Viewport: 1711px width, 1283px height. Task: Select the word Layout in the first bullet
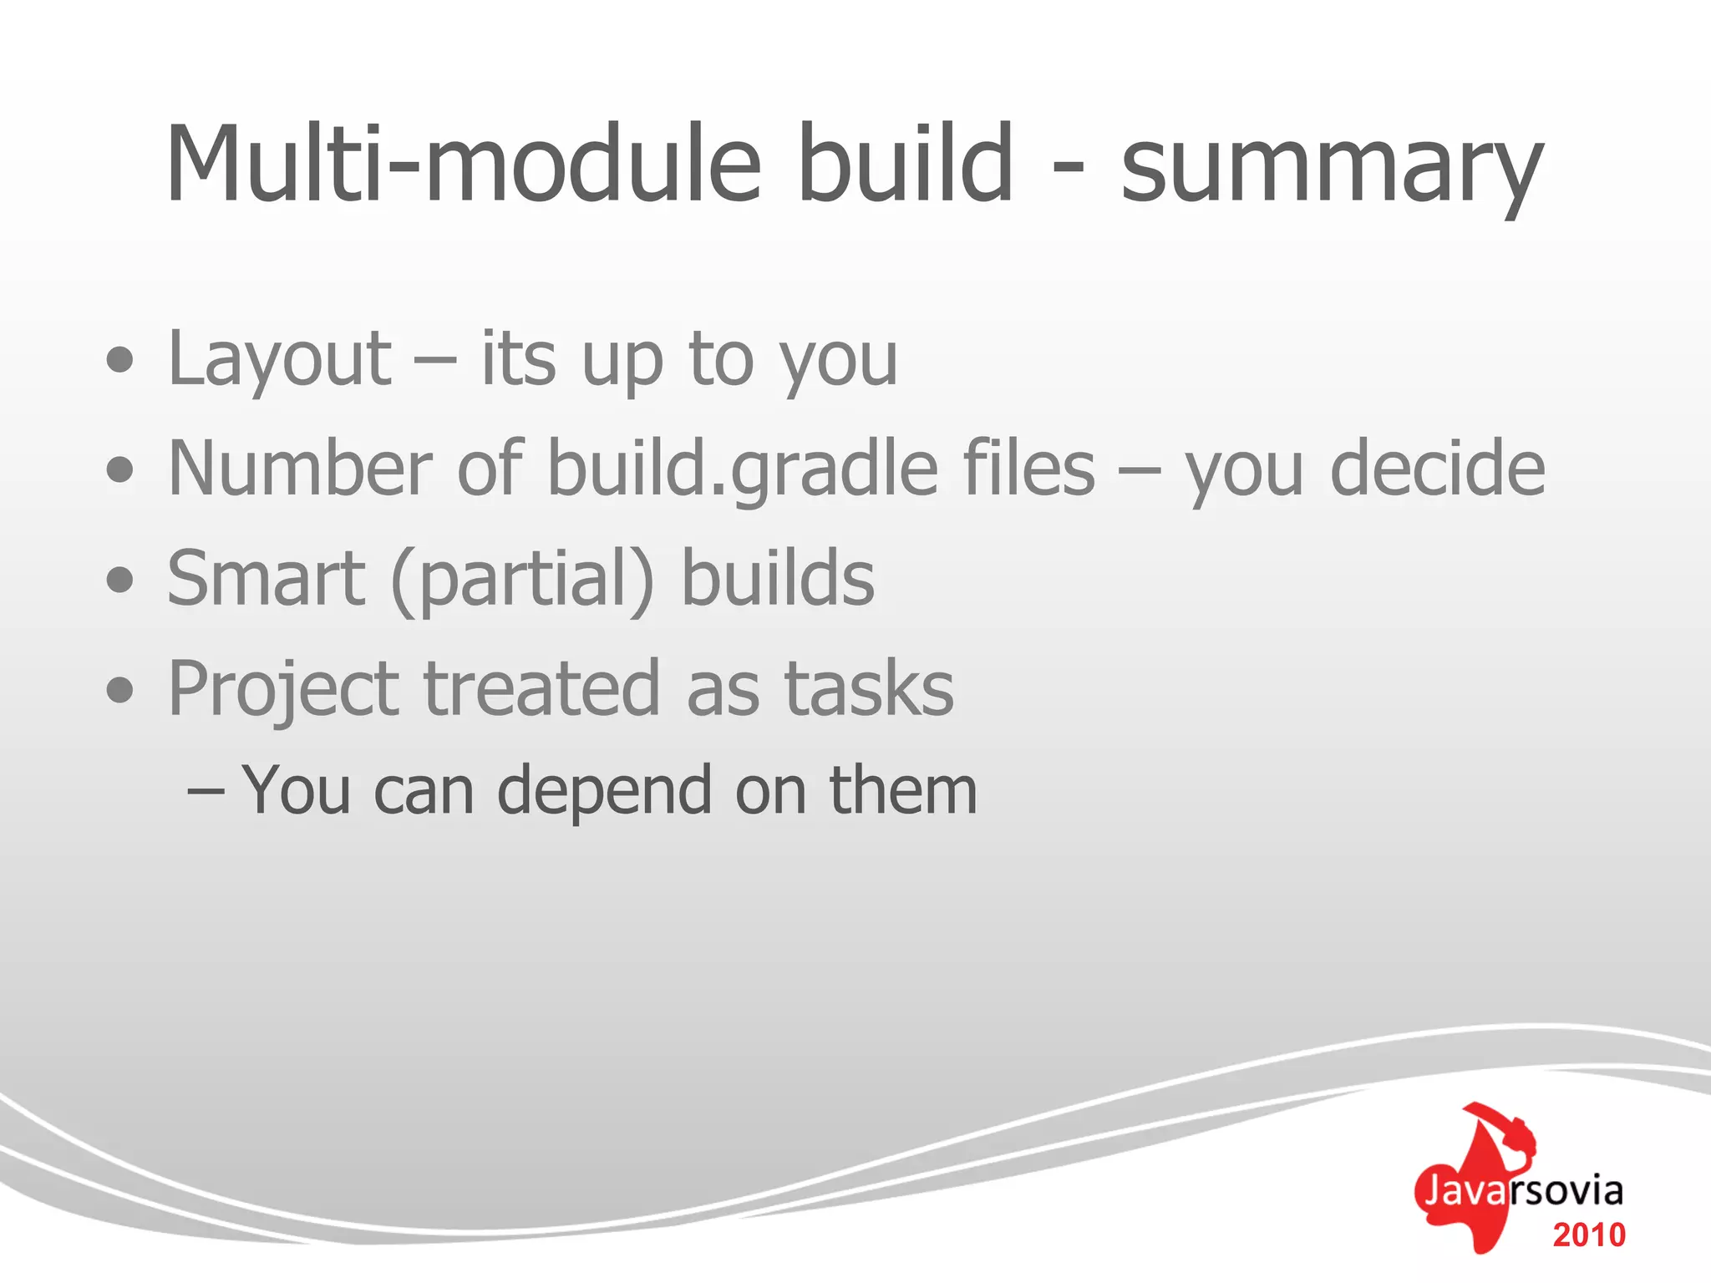tap(279, 361)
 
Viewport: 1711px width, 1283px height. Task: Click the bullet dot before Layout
tap(120, 360)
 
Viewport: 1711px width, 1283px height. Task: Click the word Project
tap(283, 690)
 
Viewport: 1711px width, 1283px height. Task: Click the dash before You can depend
tap(206, 789)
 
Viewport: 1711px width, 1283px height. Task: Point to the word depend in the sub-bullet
tap(605, 792)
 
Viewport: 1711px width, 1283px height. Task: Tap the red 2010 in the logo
tap(1588, 1235)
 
